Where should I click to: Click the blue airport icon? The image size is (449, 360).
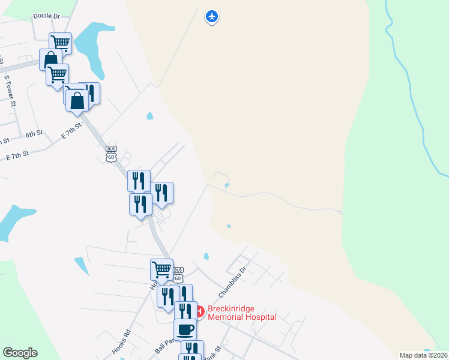(211, 16)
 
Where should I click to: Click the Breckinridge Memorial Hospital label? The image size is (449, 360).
(242, 313)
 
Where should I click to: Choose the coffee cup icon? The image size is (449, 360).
(185, 329)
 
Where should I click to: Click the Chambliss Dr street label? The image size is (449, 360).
(233, 282)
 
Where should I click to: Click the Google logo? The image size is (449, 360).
(20, 353)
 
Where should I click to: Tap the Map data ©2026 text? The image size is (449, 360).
(424, 355)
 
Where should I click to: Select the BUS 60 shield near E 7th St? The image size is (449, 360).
(110, 154)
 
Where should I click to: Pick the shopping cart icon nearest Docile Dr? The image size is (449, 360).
(60, 43)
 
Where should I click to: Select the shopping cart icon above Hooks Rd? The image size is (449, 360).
(161, 269)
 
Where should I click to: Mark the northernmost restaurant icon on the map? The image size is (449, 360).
(89, 92)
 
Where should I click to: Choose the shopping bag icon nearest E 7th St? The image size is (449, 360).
(77, 100)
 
